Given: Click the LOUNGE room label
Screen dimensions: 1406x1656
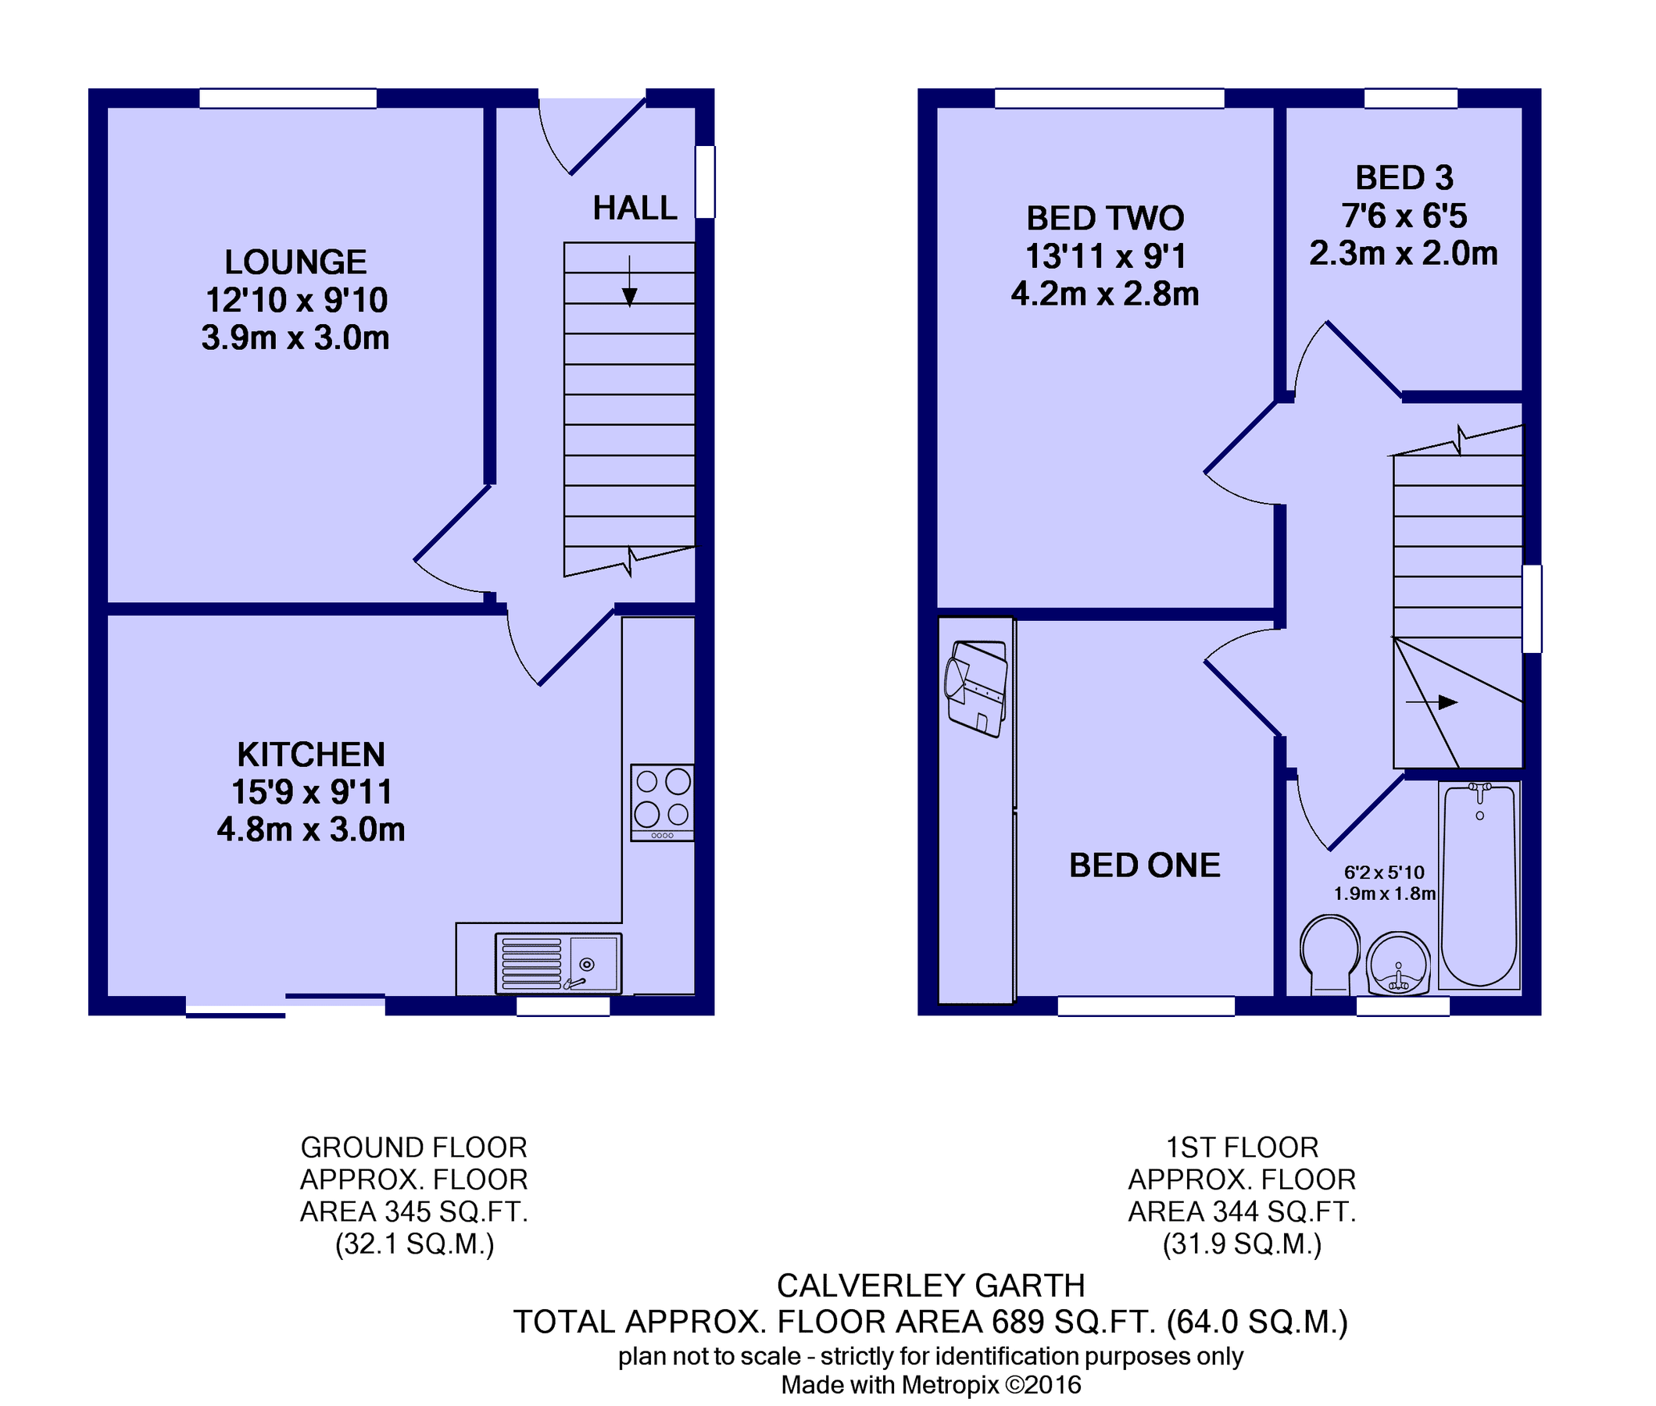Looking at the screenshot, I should coord(295,262).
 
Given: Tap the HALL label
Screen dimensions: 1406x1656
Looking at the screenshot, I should coord(634,209).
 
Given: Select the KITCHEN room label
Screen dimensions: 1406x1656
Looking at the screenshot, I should coord(311,754).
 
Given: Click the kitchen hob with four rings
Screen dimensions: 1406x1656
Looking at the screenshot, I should coord(662,802).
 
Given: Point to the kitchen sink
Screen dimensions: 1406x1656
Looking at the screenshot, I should coord(558,963).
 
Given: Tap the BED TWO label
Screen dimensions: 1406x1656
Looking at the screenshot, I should coord(1104,219).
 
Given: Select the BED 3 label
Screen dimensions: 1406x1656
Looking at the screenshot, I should coord(1404,178).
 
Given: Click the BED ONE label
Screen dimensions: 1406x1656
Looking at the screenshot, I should coord(1144,865).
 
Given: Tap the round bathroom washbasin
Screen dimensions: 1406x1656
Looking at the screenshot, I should coord(1397,964).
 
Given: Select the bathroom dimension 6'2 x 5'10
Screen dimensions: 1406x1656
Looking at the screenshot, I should coord(1383,873).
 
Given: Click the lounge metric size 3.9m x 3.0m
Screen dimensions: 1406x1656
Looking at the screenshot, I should coord(295,338).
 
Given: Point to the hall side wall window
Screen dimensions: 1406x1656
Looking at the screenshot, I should coord(705,182).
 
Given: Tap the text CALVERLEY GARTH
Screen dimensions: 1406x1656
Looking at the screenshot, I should coord(930,1286).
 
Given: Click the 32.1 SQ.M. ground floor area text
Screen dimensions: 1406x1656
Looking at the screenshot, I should coord(413,1244).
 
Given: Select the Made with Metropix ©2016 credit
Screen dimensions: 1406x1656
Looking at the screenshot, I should coord(930,1385).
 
